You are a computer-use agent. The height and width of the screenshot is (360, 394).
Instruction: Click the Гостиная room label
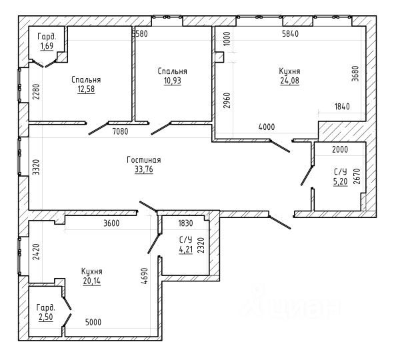pyautogui.click(x=144, y=160)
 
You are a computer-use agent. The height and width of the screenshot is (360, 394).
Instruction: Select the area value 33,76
pyautogui.click(x=144, y=169)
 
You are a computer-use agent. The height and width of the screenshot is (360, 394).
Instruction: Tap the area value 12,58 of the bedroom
pyautogui.click(x=86, y=89)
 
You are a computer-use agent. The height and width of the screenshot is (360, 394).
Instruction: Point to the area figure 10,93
pyautogui.click(x=173, y=81)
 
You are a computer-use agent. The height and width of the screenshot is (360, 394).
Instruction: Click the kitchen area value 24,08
pyautogui.click(x=290, y=81)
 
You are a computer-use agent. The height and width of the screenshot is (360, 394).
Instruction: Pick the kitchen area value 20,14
pyautogui.click(x=92, y=281)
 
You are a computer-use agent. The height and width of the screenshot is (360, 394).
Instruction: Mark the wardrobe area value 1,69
pyautogui.click(x=47, y=46)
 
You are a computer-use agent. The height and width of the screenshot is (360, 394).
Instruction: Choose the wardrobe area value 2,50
pyautogui.click(x=46, y=317)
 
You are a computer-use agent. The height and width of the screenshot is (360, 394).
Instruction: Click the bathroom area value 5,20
pyautogui.click(x=341, y=181)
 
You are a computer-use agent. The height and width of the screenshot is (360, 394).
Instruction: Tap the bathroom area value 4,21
pyautogui.click(x=186, y=250)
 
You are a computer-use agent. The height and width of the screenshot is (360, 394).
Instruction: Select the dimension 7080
pyautogui.click(x=121, y=131)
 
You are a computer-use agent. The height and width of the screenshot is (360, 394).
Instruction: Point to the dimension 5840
pyautogui.click(x=290, y=33)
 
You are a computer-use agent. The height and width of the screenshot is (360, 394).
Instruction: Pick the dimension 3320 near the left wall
pyautogui.click(x=36, y=167)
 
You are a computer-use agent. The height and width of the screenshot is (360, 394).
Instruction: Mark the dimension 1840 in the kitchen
pyautogui.click(x=342, y=107)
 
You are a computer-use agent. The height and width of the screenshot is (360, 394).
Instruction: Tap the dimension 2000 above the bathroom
pyautogui.click(x=340, y=149)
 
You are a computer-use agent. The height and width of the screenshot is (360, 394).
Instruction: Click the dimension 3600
pyautogui.click(x=111, y=223)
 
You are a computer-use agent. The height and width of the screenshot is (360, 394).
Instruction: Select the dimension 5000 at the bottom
pyautogui.click(x=93, y=322)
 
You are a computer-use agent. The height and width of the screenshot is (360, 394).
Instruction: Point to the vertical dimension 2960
pyautogui.click(x=227, y=100)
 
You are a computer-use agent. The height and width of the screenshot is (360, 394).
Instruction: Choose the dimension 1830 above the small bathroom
pyautogui.click(x=185, y=223)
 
